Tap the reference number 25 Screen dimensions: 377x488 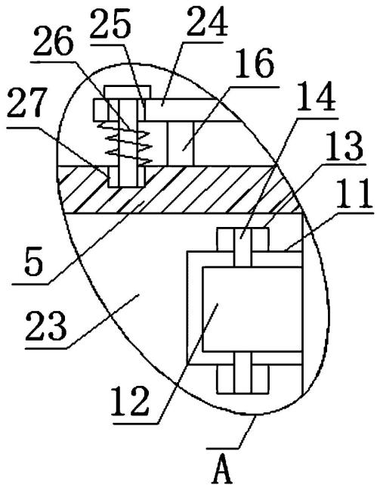click(x=110, y=23)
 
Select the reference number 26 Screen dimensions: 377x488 click(x=54, y=41)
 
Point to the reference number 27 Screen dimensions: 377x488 click(x=27, y=104)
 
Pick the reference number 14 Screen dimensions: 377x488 click(x=316, y=97)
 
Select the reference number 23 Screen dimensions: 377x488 click(x=46, y=326)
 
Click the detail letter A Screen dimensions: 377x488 click(x=222, y=471)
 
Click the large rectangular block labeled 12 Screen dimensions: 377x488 click(x=252, y=309)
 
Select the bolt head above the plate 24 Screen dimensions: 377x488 click(x=128, y=92)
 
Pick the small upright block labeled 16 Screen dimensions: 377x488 click(x=181, y=143)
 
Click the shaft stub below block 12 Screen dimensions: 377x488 click(x=243, y=373)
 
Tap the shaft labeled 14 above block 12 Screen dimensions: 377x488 click(x=243, y=247)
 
